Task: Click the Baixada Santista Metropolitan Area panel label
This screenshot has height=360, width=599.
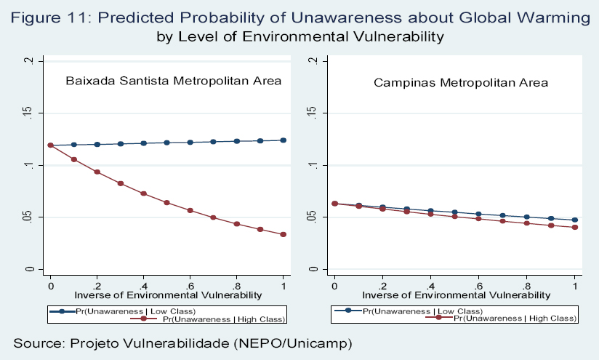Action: pyautogui.click(x=174, y=81)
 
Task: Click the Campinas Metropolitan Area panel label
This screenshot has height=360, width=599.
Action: pyautogui.click(x=461, y=83)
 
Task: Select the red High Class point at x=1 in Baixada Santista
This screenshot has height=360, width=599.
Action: pyautogui.click(x=284, y=234)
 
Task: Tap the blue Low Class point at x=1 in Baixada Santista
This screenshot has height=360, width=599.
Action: pyautogui.click(x=284, y=140)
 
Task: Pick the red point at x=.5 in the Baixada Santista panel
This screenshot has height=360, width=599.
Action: pyautogui.click(x=166, y=202)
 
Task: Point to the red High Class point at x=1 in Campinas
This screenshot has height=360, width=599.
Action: pyautogui.click(x=575, y=228)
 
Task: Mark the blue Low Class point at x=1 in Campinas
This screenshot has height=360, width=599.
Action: pyautogui.click(x=575, y=220)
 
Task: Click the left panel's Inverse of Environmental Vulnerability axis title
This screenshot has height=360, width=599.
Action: pyautogui.click(x=166, y=295)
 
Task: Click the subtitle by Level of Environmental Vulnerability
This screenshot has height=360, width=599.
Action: pyautogui.click(x=299, y=35)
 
